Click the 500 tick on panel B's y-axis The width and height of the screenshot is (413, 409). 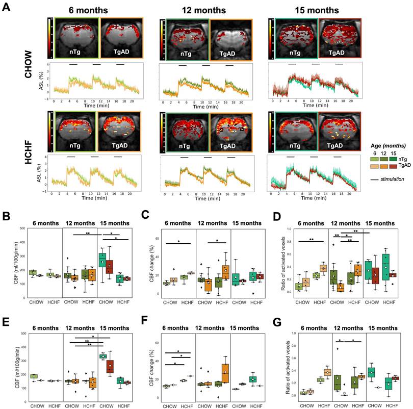(x=22, y=186)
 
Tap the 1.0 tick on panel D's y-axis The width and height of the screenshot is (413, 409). (x=292, y=186)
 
